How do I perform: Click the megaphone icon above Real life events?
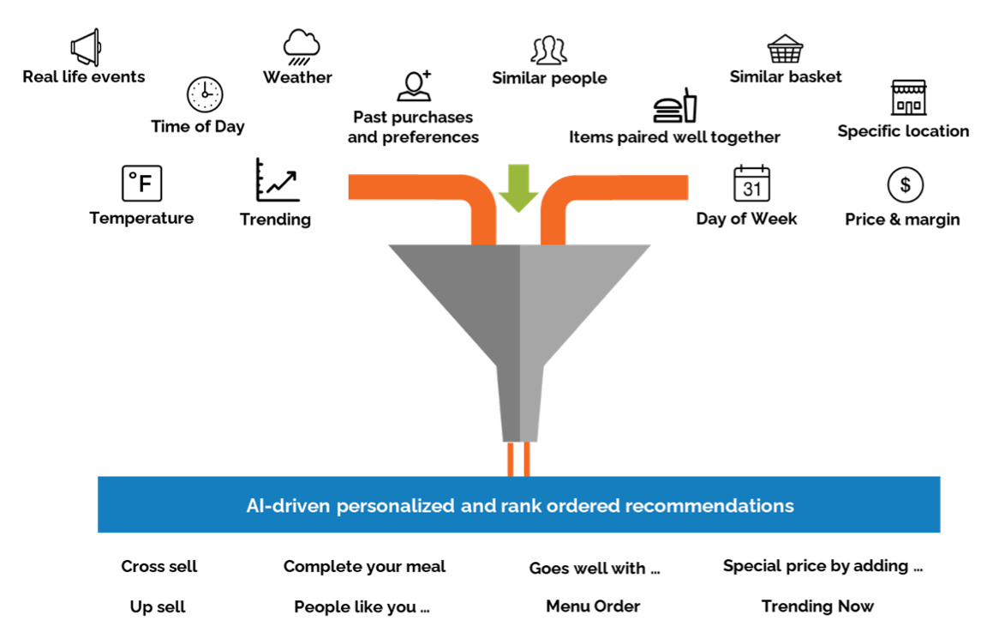[x=86, y=47]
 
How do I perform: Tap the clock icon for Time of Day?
[x=205, y=94]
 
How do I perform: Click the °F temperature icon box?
[x=141, y=184]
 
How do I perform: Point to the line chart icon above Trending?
[x=277, y=180]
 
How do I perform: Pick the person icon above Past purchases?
[x=414, y=86]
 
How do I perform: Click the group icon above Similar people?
[x=549, y=51]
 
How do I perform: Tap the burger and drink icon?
[x=676, y=105]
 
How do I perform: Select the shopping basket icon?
[x=785, y=50]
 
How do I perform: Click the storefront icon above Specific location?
[x=908, y=98]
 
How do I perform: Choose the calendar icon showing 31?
[x=751, y=184]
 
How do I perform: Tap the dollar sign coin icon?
[x=905, y=184]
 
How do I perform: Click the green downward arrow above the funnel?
[x=518, y=188]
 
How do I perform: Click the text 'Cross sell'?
[x=159, y=566]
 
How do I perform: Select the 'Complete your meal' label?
[x=364, y=566]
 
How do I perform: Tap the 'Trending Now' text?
[x=817, y=606]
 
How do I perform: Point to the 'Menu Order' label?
[x=593, y=606]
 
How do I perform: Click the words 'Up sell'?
[x=158, y=607]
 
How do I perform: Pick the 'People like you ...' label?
[x=362, y=607]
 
